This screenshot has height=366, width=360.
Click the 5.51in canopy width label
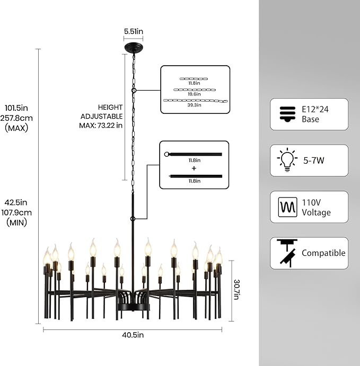tap(134, 31)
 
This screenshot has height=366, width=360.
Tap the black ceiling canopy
tap(134, 47)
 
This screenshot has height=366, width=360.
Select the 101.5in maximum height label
tap(16, 108)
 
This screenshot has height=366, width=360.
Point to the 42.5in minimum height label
tap(16, 202)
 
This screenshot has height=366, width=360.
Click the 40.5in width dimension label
tap(133, 335)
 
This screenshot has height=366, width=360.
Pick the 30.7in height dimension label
tap(236, 289)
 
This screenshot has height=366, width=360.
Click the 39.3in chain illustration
tap(195, 101)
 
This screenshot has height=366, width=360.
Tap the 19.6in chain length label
tap(194, 94)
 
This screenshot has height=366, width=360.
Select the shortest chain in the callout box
tap(194, 79)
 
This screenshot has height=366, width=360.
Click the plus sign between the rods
tap(194, 168)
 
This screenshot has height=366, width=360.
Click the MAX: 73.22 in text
tap(101, 126)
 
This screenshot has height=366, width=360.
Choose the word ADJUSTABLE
tap(102, 116)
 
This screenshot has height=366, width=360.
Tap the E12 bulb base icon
tap(287, 114)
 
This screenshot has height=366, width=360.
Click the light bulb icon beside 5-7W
tap(287, 160)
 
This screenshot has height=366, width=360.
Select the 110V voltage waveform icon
tap(288, 207)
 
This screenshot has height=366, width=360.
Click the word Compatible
tap(323, 253)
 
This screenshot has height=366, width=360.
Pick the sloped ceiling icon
tap(287, 253)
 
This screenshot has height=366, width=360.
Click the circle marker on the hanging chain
tap(134, 90)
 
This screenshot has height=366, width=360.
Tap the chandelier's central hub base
tap(133, 307)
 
